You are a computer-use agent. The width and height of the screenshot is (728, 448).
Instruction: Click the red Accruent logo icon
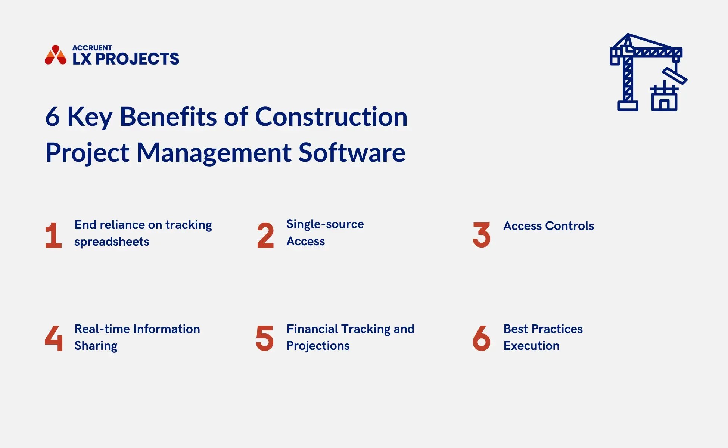[x=56, y=55]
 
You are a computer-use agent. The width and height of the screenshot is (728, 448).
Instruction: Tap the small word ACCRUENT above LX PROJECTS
[x=92, y=48]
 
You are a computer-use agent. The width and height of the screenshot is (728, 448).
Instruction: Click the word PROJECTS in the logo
[x=137, y=59]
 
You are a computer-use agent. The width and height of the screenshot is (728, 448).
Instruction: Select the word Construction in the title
[x=331, y=117]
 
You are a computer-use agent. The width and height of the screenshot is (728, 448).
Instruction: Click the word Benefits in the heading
[x=168, y=117]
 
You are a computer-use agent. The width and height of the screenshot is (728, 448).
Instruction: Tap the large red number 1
[x=53, y=235]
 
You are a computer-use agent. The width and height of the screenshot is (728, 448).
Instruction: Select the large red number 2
[x=265, y=235]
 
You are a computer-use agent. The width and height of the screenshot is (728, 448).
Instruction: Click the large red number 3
[x=481, y=235]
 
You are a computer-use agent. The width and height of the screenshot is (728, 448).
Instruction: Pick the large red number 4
[x=54, y=338]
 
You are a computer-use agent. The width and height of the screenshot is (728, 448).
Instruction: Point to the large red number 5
[x=265, y=338]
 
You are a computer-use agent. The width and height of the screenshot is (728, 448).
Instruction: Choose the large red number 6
[x=481, y=338]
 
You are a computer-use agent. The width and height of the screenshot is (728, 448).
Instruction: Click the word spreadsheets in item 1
[x=112, y=242]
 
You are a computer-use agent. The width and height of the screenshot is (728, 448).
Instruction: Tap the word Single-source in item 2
[x=325, y=224]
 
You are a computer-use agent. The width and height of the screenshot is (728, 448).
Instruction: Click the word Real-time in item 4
[x=102, y=329]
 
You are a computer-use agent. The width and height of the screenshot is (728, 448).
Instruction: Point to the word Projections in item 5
[x=318, y=346]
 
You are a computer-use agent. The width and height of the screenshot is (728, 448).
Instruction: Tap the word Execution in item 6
[x=531, y=346]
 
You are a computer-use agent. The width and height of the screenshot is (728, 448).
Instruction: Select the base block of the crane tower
[x=628, y=106]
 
